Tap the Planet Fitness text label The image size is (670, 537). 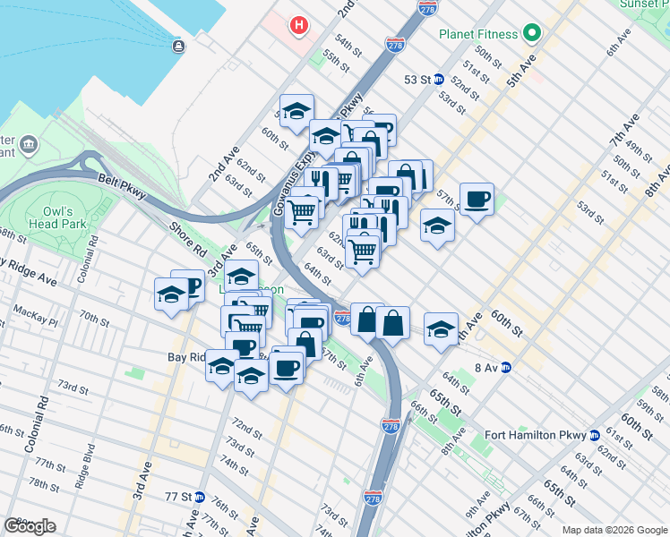[478, 34]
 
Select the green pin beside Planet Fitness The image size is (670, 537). [531, 34]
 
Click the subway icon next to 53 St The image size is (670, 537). [439, 79]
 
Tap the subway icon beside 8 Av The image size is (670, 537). [505, 367]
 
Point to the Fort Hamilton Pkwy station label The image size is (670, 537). [535, 435]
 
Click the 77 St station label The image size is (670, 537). [178, 496]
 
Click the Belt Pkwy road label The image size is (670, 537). [121, 185]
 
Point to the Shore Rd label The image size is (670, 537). [187, 233]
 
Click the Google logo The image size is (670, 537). [30, 526]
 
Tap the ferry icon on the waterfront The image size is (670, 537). [178, 46]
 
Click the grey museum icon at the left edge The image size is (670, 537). [28, 144]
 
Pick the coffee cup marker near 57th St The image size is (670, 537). [477, 198]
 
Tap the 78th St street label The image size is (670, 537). [43, 484]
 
